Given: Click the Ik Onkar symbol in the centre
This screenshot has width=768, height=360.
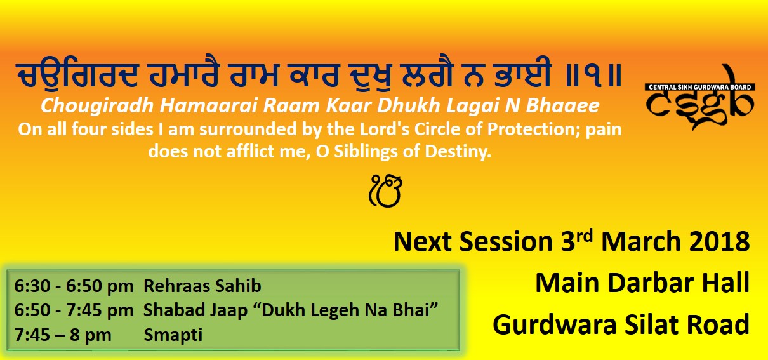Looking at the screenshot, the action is tap(385, 191).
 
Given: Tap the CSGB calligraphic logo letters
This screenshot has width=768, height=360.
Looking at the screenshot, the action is tap(699, 103).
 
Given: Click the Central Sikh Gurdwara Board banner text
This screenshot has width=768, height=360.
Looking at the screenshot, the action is tap(700, 87).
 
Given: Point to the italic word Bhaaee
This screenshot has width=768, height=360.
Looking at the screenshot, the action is tap(562, 105).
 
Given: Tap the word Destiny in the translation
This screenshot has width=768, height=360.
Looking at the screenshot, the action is tap(458, 152).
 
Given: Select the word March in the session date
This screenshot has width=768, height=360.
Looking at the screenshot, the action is tap(640, 242).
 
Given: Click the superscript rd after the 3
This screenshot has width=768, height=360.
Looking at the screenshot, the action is tap(584, 236).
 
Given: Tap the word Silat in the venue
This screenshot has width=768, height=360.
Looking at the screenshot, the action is tap(651, 324).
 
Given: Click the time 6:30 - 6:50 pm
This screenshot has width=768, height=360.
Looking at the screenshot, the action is tap(74, 286).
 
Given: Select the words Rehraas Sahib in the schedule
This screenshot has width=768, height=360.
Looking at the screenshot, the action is tap(202, 286).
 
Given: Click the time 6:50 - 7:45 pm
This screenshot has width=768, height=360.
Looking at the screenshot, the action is tap(74, 310).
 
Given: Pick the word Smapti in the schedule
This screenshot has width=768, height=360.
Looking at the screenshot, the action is tap(173, 335).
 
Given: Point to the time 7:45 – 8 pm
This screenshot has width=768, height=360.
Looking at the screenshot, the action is tap(63, 335).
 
